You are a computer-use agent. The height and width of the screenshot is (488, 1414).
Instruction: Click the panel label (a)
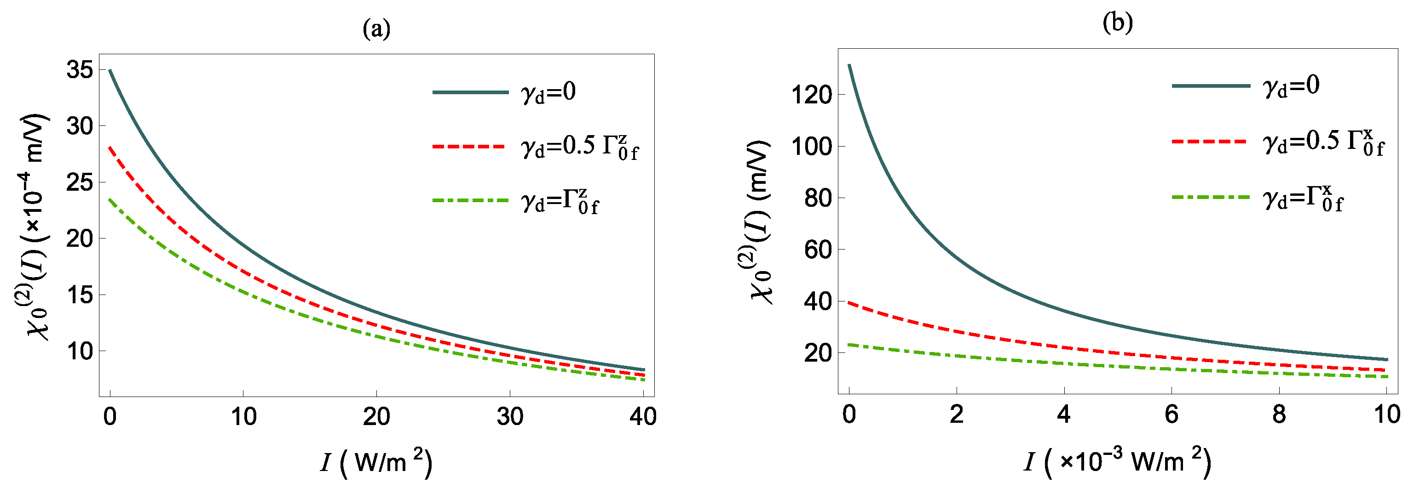pyautogui.click(x=376, y=28)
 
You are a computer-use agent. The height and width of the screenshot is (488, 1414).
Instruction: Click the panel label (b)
pyautogui.click(x=1118, y=23)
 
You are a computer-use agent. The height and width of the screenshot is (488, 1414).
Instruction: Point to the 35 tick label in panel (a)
pyautogui.click(x=80, y=70)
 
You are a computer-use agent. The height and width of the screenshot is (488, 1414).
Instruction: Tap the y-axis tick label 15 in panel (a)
pyautogui.click(x=80, y=295)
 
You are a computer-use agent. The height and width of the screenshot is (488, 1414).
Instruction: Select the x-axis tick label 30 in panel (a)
pyautogui.click(x=510, y=417)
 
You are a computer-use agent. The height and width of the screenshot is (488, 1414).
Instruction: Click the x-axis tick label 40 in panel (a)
pyautogui.click(x=643, y=417)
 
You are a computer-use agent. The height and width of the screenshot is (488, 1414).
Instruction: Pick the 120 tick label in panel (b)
pyautogui.click(x=811, y=95)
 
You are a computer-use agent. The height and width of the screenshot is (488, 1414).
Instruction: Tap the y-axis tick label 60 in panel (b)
pyautogui.click(x=817, y=250)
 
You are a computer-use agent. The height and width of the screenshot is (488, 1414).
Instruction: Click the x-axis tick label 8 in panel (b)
pyautogui.click(x=1279, y=414)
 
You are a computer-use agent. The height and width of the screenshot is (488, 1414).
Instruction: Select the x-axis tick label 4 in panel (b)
pyautogui.click(x=1064, y=414)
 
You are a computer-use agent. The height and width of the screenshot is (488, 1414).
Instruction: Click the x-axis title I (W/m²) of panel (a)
pyautogui.click(x=376, y=462)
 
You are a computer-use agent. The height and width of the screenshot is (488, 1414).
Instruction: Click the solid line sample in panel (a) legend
pyautogui.click(x=470, y=92)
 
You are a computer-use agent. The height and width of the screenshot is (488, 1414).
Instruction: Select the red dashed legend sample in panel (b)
pyautogui.click(x=1210, y=142)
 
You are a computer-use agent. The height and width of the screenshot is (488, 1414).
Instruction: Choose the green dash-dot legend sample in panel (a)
pyautogui.click(x=470, y=201)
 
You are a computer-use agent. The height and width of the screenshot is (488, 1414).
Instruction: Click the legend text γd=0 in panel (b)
pyautogui.click(x=1291, y=85)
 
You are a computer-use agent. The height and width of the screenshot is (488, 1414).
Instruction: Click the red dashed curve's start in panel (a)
pyautogui.click(x=110, y=148)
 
